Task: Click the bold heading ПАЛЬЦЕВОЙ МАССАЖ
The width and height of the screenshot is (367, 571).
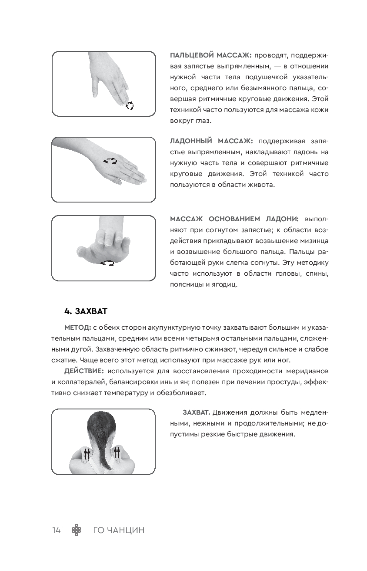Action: point(210,55)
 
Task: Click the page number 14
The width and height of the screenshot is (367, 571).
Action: point(56,530)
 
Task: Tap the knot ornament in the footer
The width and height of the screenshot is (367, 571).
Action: point(77,530)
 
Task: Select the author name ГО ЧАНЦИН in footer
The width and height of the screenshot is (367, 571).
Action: point(119,530)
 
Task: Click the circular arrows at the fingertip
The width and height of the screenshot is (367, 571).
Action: point(130,105)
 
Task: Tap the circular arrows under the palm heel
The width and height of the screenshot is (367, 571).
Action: point(107,263)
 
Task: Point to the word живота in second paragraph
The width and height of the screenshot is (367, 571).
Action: point(260,185)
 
